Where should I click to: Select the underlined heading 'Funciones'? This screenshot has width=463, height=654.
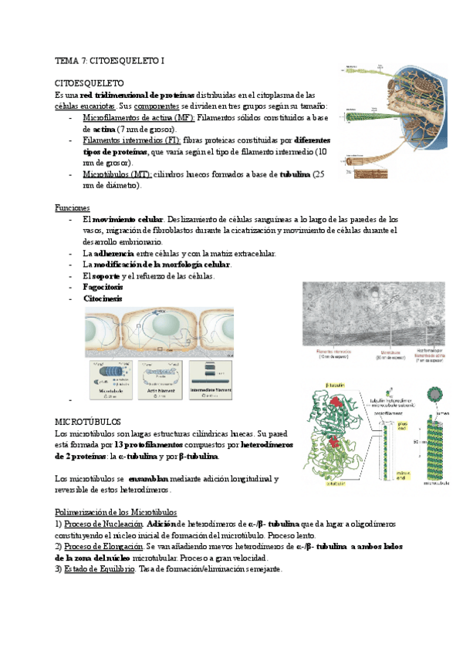click(x=72, y=208)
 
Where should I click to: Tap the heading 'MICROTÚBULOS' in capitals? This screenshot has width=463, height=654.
click(x=88, y=423)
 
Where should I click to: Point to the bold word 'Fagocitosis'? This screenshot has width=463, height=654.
click(x=103, y=287)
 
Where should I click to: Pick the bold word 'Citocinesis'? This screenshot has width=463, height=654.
click(x=102, y=298)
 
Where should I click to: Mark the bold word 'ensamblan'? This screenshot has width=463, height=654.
click(x=154, y=479)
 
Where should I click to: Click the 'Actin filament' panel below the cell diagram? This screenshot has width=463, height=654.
click(x=159, y=379)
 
